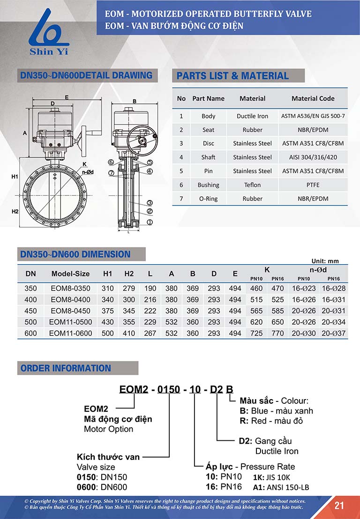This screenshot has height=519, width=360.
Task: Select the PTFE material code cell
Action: [313, 185]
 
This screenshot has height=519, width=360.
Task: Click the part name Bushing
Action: [208, 185]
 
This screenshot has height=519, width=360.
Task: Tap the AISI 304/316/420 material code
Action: [313, 157]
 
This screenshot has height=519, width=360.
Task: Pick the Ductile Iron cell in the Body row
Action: [252, 116]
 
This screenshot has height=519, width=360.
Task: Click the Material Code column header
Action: [313, 99]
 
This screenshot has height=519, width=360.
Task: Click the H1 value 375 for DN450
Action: [108, 311]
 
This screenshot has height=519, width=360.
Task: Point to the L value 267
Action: [150, 334]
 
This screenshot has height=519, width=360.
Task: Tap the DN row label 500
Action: [30, 322]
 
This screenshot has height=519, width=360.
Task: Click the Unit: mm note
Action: [325, 261]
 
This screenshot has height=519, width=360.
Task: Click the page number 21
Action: [339, 505]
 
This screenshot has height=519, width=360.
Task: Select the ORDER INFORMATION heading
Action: [66, 368]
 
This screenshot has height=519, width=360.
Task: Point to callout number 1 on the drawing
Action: [150, 222]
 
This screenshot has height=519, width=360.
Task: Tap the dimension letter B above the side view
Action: [135, 101]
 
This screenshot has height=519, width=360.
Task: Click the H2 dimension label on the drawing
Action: [15, 212]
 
